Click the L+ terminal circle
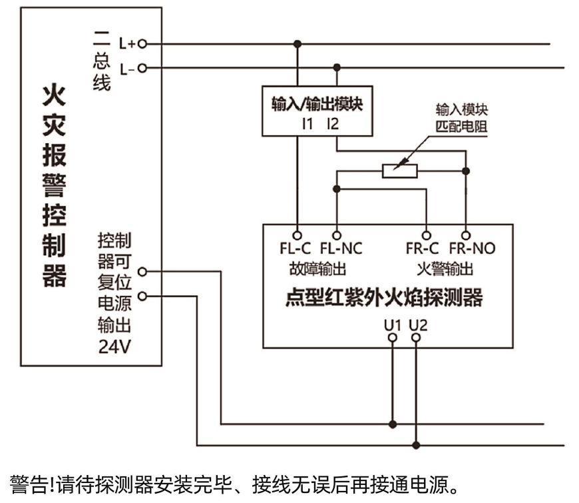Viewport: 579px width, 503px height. point(141,44)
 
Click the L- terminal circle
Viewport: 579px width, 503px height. point(141,68)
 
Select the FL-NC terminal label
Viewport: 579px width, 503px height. point(341,249)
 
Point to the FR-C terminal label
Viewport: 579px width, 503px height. point(423,249)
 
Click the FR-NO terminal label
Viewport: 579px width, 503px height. point(472,249)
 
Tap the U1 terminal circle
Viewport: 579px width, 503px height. point(393,338)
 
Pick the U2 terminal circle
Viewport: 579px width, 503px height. point(417,338)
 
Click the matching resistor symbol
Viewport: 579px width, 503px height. point(400,171)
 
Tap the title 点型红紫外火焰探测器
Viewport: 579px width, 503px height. point(384,297)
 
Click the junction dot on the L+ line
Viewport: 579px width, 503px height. point(297,44)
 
